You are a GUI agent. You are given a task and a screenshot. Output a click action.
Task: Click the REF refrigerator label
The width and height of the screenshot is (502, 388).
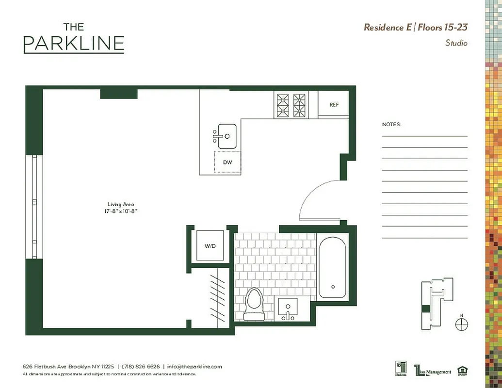pos(334,105)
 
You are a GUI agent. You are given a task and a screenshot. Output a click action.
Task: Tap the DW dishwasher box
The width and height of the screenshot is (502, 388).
pos(227,162)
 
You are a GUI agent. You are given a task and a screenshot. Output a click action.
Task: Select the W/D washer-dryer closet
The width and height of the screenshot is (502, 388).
pos(210,246)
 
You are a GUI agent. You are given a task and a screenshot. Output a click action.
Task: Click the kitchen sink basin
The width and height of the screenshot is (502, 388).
pos(227,136)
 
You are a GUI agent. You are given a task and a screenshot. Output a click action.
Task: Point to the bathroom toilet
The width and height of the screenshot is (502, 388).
pos(254,304)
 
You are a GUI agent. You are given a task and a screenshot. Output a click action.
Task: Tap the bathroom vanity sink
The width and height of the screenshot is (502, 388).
pos(288,307)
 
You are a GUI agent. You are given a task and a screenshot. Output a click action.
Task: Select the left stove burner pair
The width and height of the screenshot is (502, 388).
pos(283,105)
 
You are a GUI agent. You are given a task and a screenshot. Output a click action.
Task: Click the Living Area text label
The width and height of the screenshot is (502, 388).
pos(121,204)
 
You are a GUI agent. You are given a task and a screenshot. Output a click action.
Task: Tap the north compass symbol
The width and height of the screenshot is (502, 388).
pos(462,323)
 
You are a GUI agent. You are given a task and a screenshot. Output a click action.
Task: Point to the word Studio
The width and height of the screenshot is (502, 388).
pos(456,43)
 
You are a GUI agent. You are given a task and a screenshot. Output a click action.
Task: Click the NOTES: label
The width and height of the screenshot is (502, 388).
pos(391,125)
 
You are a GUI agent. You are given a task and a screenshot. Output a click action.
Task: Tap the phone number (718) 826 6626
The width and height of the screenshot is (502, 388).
pos(141,367)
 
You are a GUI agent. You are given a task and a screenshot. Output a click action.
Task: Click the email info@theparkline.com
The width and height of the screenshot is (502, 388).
pos(194,367)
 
